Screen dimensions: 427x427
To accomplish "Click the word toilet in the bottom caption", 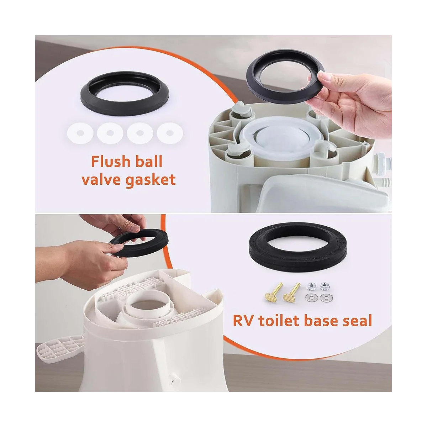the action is [279, 320].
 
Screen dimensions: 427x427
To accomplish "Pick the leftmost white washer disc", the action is [80, 133].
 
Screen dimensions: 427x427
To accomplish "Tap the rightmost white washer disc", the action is [170, 133].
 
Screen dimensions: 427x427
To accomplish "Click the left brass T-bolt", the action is [274, 292].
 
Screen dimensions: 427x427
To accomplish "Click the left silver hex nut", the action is [311, 286].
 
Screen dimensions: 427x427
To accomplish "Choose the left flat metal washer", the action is [312, 297].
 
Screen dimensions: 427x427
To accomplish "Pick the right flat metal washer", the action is [326, 297].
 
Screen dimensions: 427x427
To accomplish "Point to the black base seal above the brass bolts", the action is [297, 246].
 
